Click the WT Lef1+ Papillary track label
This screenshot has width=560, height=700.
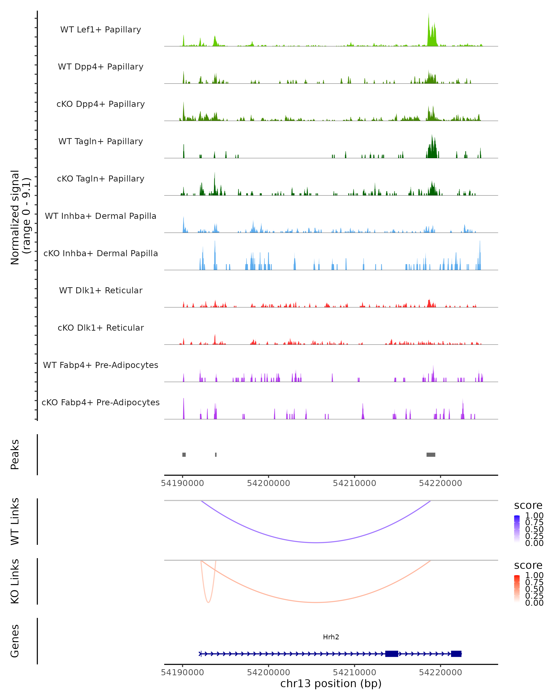(x=101, y=30)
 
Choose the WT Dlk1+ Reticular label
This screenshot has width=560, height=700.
(x=101, y=290)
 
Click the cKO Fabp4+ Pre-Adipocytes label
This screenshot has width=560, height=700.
(x=101, y=402)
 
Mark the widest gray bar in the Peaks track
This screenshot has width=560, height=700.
(x=431, y=455)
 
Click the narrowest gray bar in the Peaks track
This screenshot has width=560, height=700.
(x=216, y=455)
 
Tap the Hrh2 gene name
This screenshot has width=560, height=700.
(x=331, y=637)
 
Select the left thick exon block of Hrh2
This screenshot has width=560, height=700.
(x=392, y=654)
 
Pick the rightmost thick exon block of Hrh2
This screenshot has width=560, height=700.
(x=456, y=654)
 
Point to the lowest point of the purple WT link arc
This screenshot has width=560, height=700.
(x=316, y=542)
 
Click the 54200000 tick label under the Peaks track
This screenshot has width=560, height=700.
(x=269, y=483)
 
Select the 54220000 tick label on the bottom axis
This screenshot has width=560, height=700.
(x=440, y=672)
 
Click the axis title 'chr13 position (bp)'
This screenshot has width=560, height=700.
(x=331, y=683)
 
